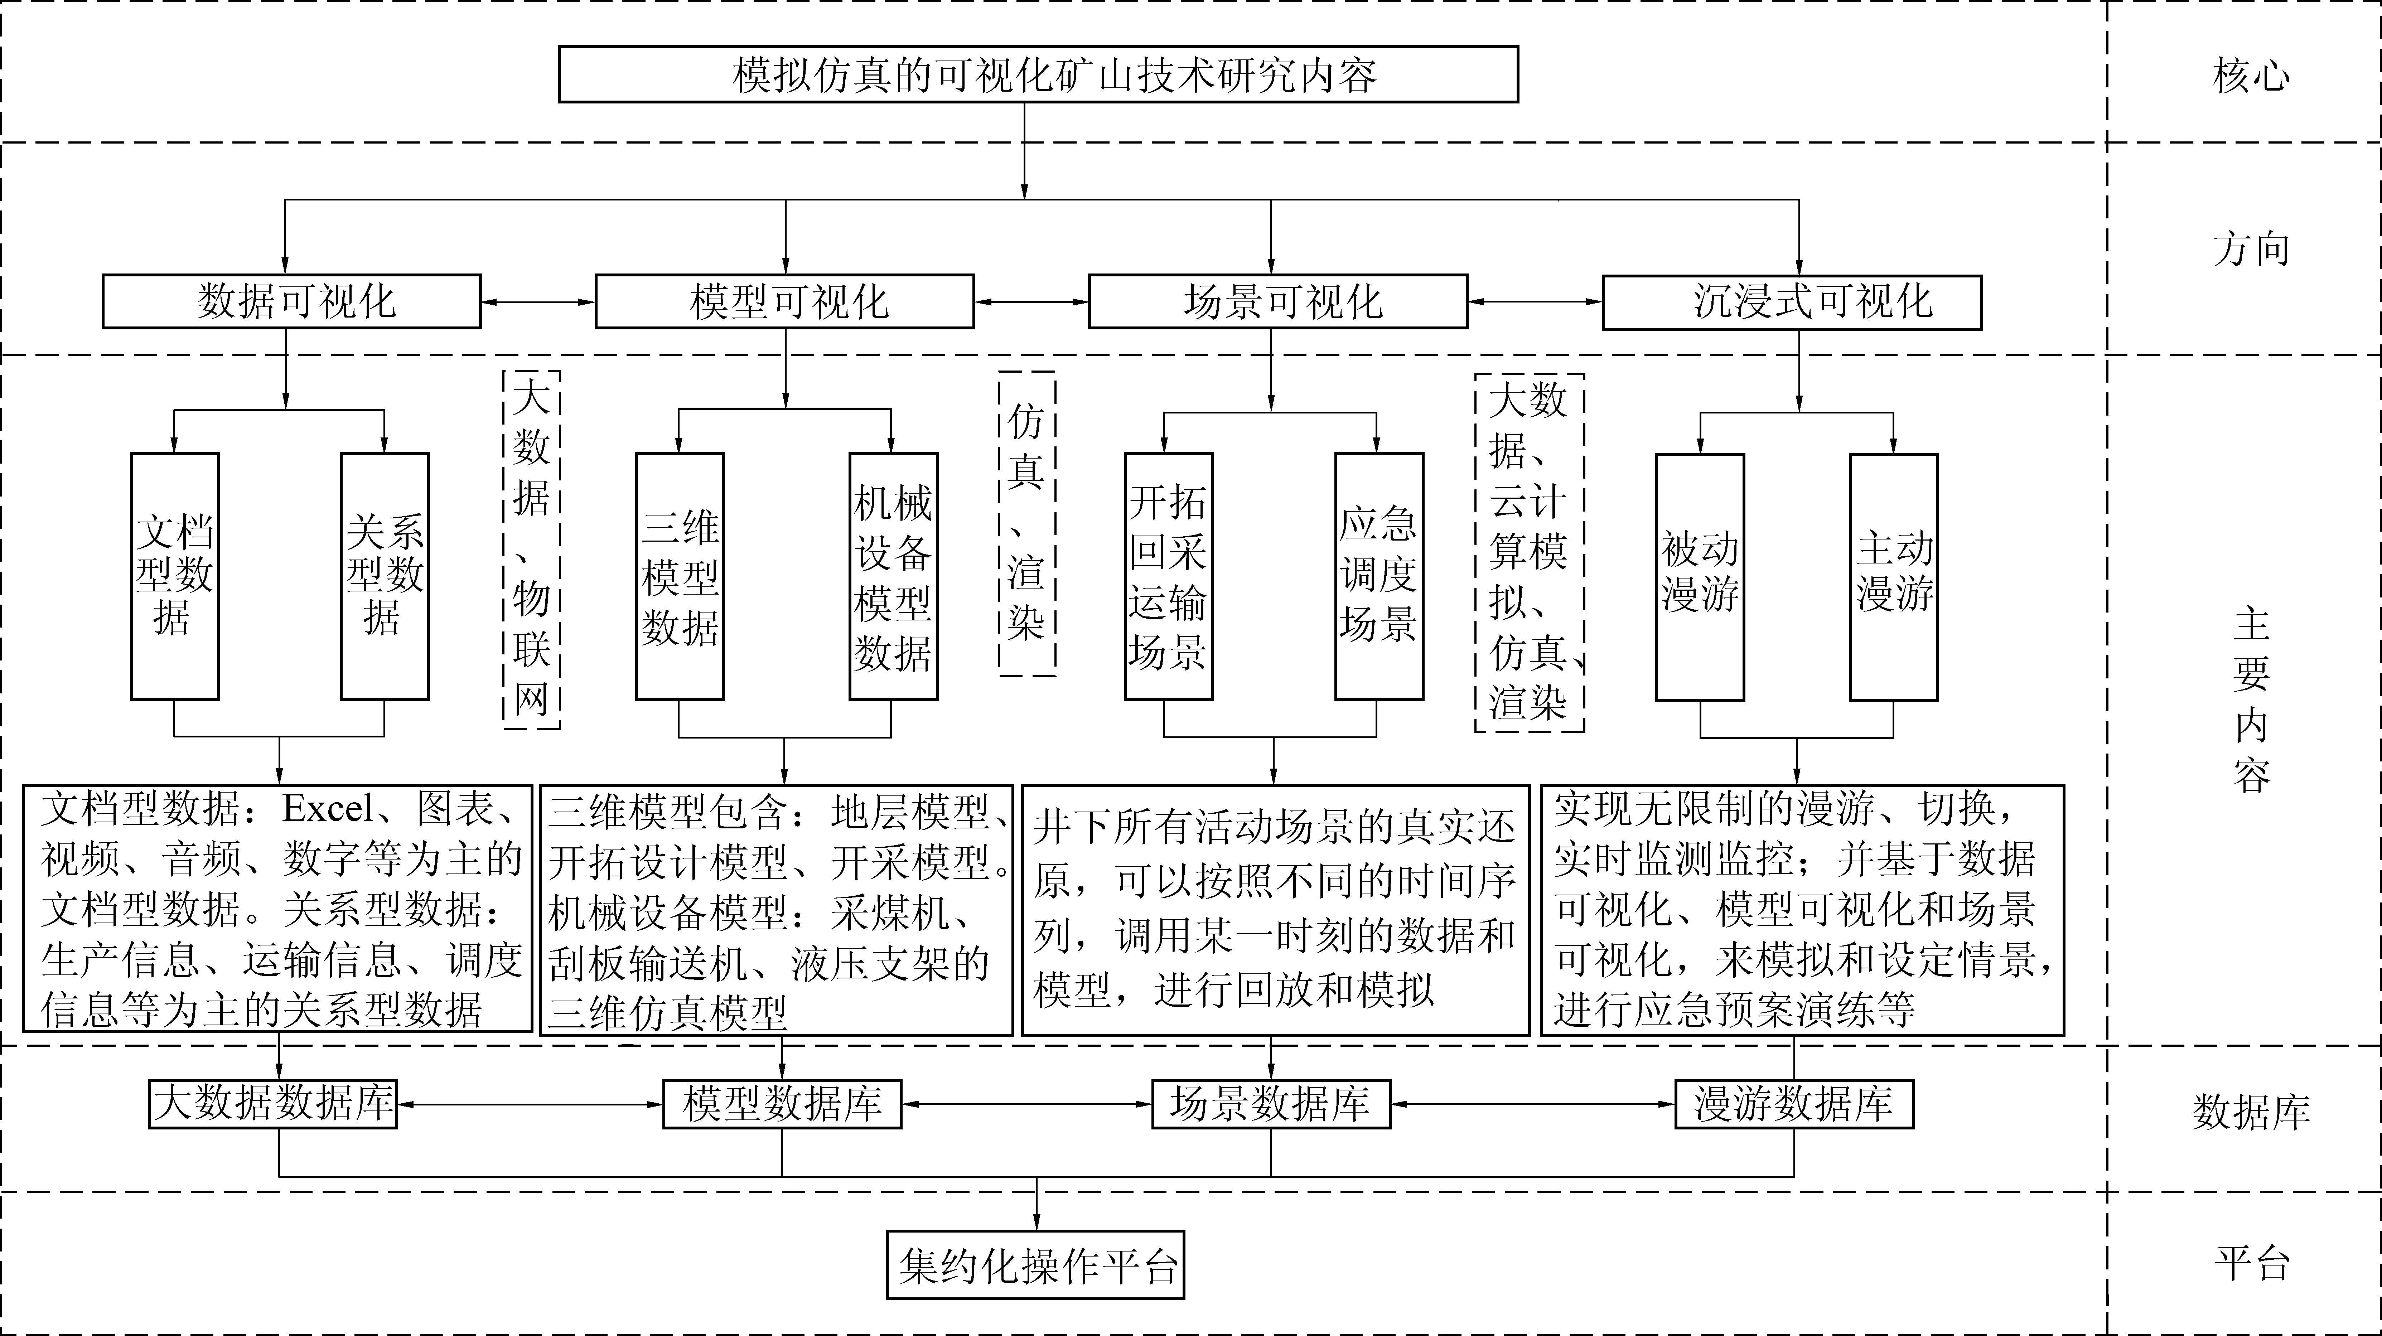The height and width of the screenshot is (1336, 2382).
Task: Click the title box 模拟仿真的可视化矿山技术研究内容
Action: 1038,74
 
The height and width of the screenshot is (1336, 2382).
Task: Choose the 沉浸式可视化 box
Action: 1792,301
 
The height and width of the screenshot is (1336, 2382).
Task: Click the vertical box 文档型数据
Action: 175,576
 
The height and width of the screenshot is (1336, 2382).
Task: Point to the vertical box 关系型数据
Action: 385,576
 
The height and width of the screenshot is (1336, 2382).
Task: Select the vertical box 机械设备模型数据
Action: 893,576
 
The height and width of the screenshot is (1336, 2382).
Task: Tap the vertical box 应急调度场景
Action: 1379,576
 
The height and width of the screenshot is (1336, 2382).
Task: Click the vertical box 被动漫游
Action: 1700,577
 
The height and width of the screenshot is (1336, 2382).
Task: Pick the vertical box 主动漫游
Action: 1894,577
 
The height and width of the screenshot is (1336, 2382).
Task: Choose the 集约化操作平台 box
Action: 1036,1265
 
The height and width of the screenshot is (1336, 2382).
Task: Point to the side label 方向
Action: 2252,250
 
